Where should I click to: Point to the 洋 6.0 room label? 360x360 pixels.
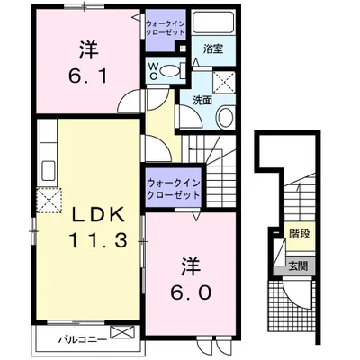click(190, 279)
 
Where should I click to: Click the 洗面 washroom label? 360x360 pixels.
click(202, 100)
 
